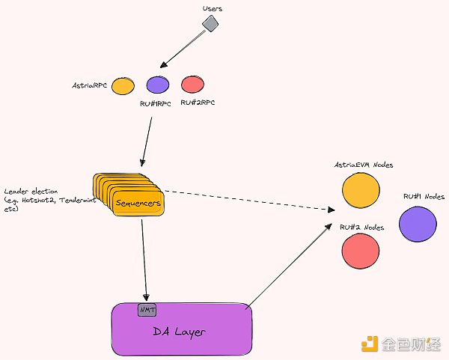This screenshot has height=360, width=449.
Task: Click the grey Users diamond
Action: (x=210, y=23)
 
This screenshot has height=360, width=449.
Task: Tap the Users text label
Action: (x=213, y=8)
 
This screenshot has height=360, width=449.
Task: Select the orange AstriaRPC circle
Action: (x=123, y=86)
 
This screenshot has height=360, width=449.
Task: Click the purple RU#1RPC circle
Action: (x=158, y=85)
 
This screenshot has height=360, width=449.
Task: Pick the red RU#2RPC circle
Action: (x=193, y=85)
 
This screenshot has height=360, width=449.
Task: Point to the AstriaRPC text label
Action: (x=89, y=85)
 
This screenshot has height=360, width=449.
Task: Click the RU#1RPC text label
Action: (x=156, y=104)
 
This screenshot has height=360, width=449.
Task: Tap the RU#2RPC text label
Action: (x=198, y=103)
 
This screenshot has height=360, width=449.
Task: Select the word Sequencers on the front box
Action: (x=138, y=203)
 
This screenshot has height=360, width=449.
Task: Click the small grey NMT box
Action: (x=147, y=310)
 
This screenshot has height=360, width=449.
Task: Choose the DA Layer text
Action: (x=180, y=332)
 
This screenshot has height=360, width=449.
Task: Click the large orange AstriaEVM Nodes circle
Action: (x=361, y=190)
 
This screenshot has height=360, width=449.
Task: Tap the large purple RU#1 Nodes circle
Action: (x=418, y=224)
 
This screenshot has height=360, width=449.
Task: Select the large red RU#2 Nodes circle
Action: (x=361, y=251)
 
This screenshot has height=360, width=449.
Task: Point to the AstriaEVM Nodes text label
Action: (x=364, y=165)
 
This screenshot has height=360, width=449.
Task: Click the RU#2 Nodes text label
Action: (x=362, y=227)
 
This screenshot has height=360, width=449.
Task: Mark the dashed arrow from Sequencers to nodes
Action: (x=249, y=200)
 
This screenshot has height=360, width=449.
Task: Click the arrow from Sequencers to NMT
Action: (x=144, y=260)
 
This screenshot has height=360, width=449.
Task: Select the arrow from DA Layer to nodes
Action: (x=289, y=266)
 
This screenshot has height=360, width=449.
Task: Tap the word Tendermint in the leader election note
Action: (x=78, y=200)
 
